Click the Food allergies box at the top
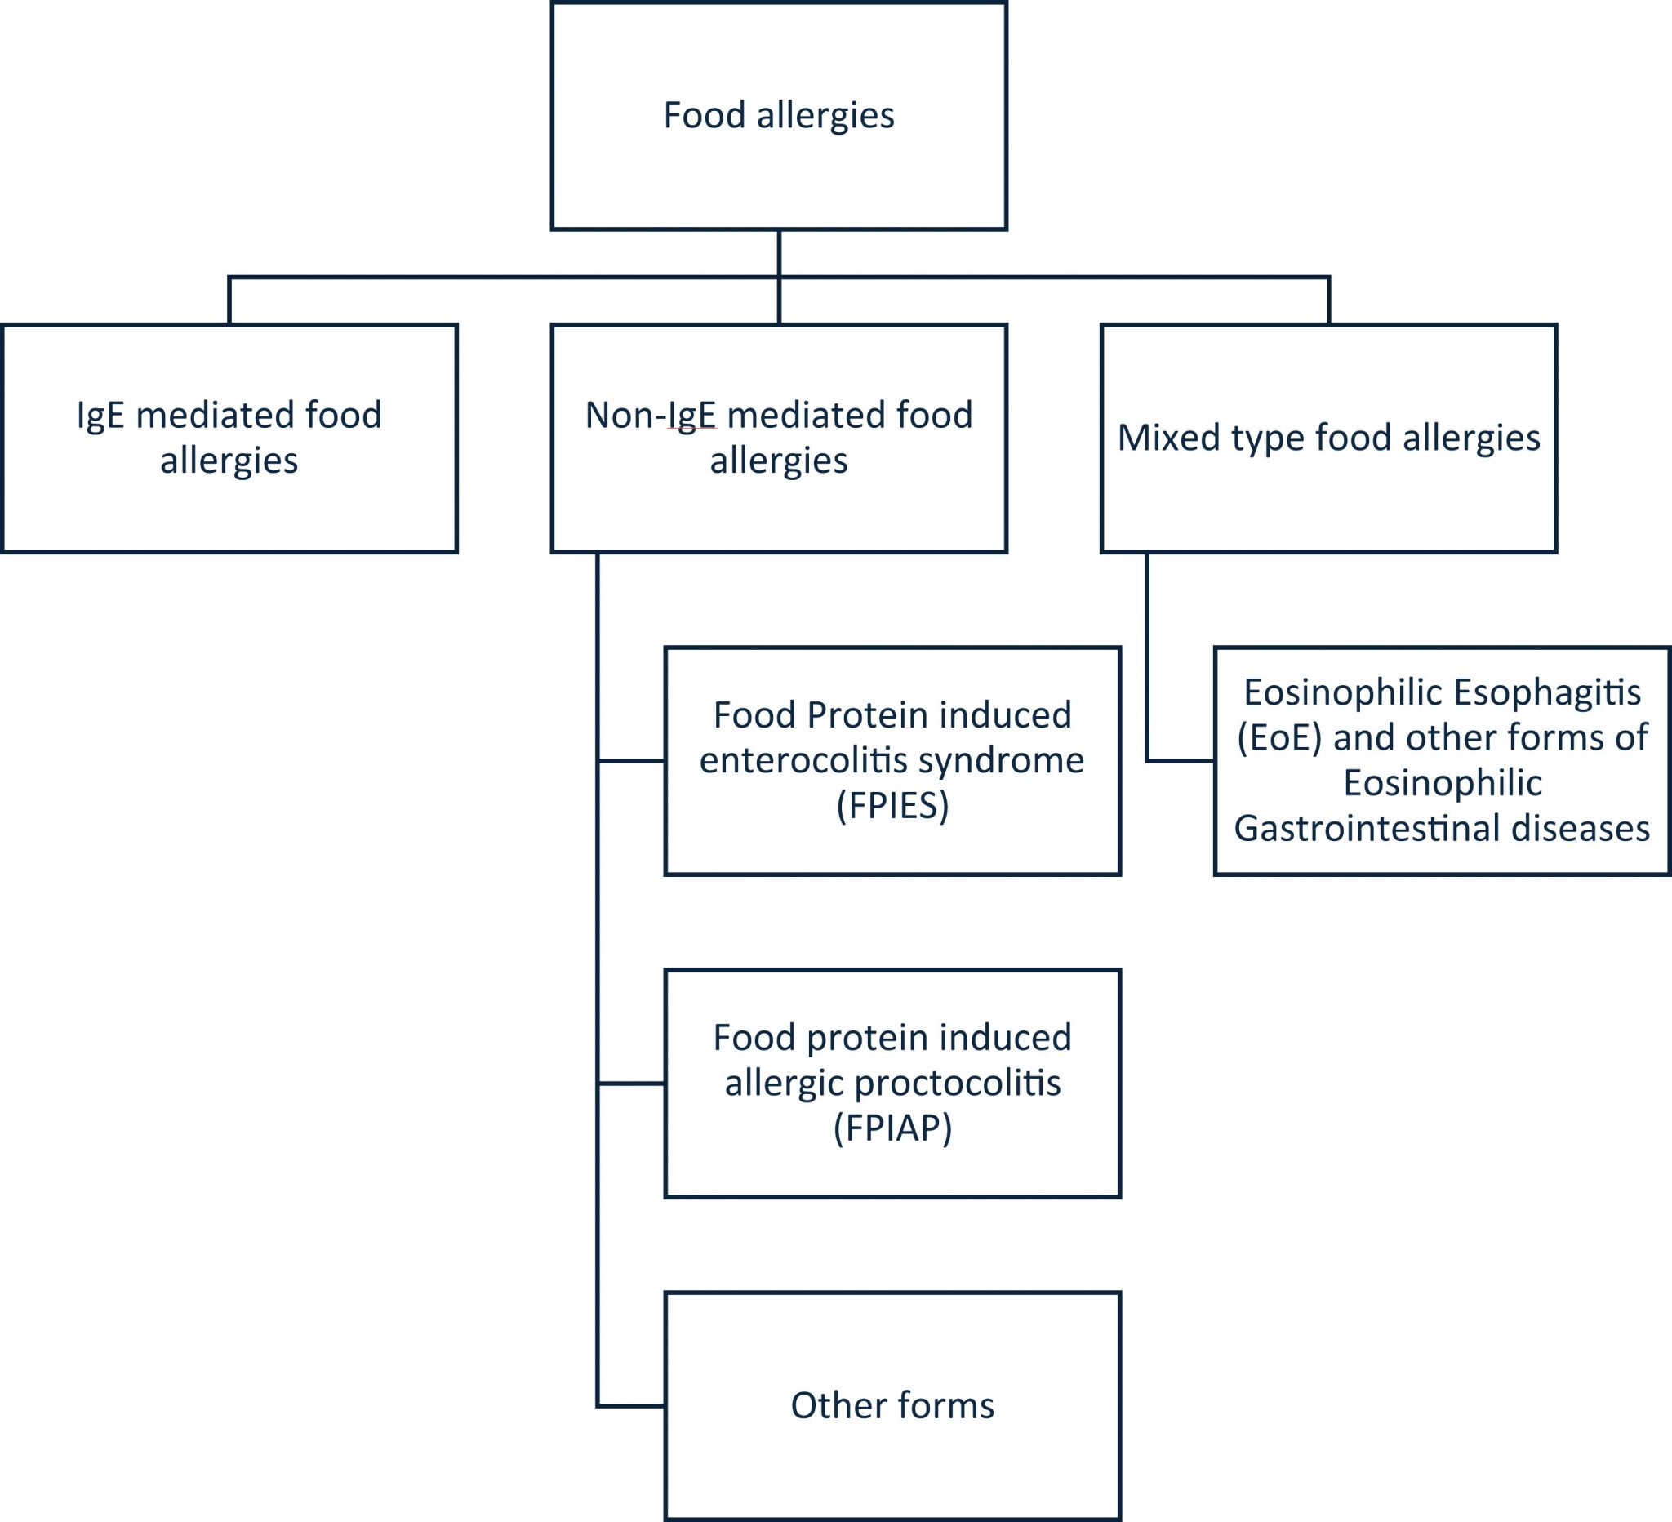[x=778, y=115]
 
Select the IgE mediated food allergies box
[x=229, y=437]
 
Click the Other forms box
[x=892, y=1406]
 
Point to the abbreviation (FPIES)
[x=892, y=805]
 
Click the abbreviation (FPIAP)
[x=892, y=1128]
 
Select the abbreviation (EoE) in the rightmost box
[x=1278, y=737]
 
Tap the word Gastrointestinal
[x=1367, y=829]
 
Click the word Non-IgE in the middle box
[x=650, y=415]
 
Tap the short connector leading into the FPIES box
[x=631, y=760]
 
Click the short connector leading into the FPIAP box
[x=631, y=1084]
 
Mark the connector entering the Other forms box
[x=631, y=1406]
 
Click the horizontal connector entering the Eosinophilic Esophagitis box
[x=1181, y=760]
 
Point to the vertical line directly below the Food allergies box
[x=779, y=252]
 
